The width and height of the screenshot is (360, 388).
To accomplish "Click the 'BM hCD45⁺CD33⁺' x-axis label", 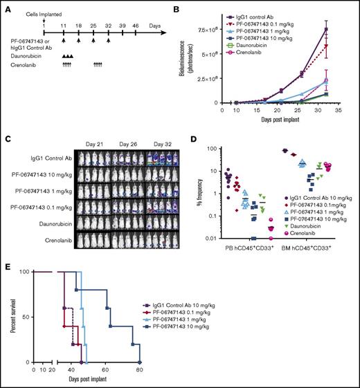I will click(x=313, y=248).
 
